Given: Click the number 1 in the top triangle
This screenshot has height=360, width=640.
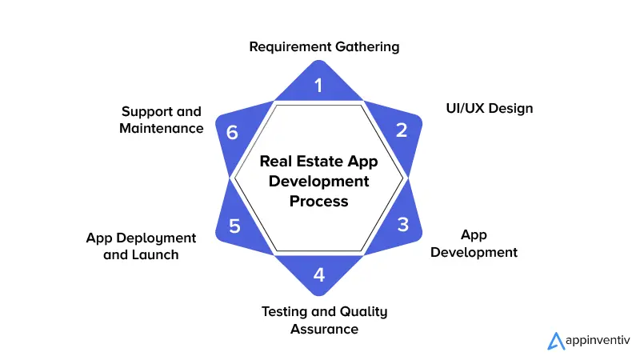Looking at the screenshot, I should coord(319,85).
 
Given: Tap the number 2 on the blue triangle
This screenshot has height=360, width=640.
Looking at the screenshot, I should coord(402,130).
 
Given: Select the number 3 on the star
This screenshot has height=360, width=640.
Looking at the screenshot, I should coord(402,225).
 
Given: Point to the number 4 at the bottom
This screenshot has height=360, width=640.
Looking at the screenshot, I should coord(319,275).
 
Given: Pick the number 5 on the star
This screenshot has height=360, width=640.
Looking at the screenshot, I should coord(234,226).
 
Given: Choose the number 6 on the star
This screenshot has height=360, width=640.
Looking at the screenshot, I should coord(232,132).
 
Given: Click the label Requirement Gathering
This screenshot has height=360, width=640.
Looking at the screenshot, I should coord(324,46).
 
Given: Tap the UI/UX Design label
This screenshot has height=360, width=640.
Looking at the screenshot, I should coord(489,108).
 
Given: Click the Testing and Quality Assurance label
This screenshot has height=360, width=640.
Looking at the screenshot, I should coord(324,320).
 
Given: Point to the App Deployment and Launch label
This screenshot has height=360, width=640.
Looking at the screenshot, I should coord(141,246).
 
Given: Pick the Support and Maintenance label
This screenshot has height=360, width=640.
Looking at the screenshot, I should coord(162,119).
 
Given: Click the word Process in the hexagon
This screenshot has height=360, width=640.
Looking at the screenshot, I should coord(319,201).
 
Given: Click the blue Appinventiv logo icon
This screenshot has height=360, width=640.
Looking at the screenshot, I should coord(555,341).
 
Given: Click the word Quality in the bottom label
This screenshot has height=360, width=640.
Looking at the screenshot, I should coord(358,311).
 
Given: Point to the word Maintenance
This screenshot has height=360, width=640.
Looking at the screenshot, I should coord(162,128).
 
